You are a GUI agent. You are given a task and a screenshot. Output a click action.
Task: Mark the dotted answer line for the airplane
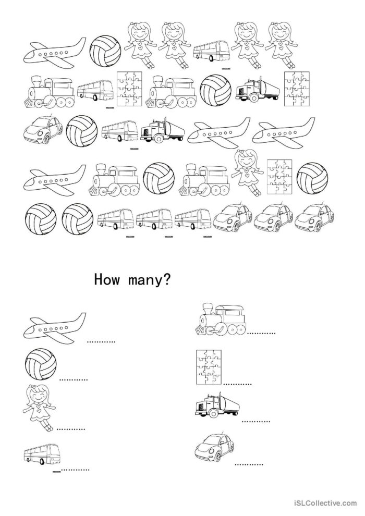click(x=101, y=342)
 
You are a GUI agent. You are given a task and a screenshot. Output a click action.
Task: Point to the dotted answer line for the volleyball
click(x=73, y=380)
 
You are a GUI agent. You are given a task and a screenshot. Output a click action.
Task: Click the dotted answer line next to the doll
click(x=71, y=429)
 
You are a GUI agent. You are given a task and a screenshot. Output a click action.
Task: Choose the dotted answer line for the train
click(x=261, y=333)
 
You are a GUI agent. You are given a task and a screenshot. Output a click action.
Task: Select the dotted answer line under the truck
click(x=256, y=421)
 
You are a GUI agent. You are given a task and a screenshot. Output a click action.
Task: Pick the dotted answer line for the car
click(x=249, y=464)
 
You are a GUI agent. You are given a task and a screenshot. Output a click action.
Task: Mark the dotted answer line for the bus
click(x=76, y=470)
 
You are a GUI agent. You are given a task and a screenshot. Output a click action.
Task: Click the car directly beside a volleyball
click(x=43, y=129)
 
